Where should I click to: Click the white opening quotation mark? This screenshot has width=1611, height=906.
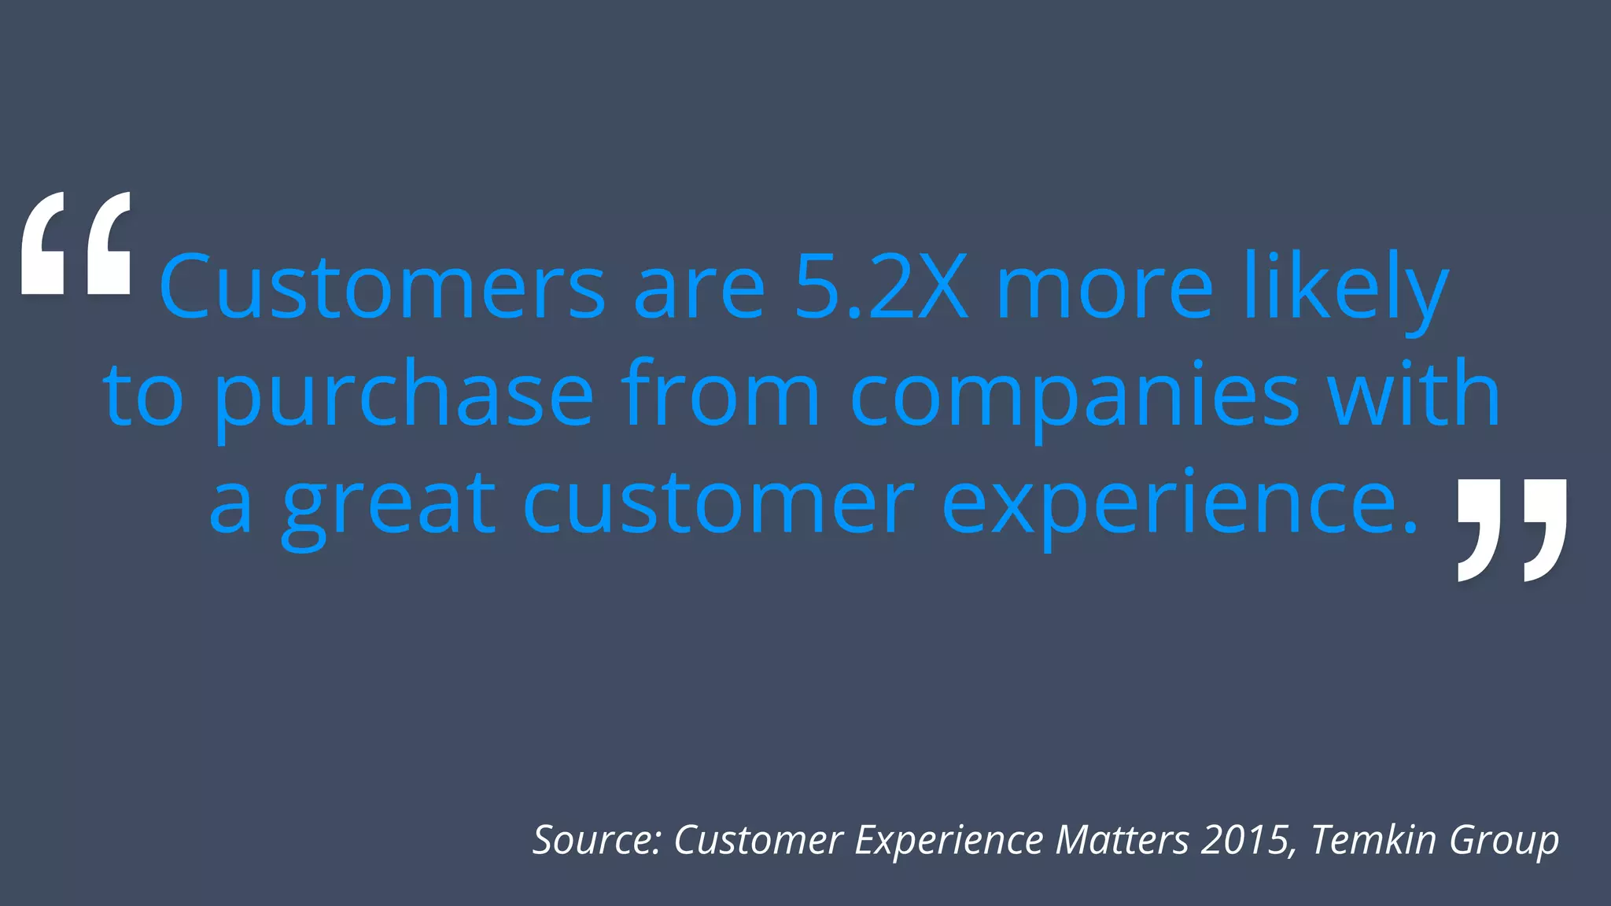pos(76,244)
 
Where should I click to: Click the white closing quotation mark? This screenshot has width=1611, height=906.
pos(1511,528)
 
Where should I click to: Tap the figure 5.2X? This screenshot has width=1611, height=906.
pos(881,287)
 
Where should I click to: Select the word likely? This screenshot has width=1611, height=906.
pos(1346,287)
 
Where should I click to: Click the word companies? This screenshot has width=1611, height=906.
pos(1075,395)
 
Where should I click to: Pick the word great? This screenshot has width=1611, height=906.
pos(389,503)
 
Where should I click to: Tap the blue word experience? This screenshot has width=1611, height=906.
pos(1179,503)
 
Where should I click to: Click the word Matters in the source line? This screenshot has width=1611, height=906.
pos(1122,840)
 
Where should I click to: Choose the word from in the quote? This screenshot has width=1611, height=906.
pos(720,395)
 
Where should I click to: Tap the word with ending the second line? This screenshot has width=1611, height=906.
pos(1414,395)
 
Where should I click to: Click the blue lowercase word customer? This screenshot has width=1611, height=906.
pos(718,503)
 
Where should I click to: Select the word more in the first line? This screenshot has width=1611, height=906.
pos(1104,287)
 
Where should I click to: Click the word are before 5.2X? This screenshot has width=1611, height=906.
pos(699,287)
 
